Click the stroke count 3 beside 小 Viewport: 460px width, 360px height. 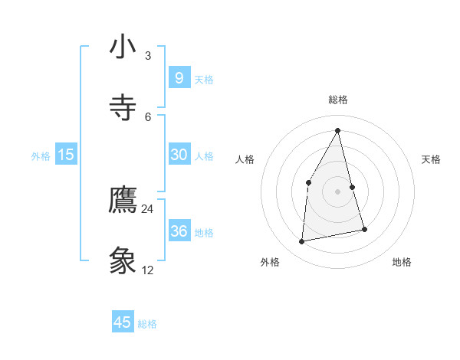[148, 56]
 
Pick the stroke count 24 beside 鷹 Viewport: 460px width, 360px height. [148, 209]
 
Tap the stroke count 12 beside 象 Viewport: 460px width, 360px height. [148, 270]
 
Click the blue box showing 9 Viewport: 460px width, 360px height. [179, 77]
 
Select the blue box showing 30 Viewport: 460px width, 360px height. [179, 155]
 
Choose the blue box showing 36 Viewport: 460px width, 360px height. [179, 231]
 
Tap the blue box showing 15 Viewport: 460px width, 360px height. [66, 155]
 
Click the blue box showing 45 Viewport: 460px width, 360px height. [123, 322]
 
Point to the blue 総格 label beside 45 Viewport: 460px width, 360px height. [147, 324]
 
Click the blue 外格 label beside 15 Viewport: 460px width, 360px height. [41, 156]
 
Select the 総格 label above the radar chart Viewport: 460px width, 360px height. [338, 100]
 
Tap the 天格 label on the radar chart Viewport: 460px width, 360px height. [432, 159]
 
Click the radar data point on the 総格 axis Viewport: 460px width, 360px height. [338, 130]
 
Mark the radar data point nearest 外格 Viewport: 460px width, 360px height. [302, 242]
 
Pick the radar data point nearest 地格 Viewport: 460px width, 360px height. [364, 229]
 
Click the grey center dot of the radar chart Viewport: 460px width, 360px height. [338, 191]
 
